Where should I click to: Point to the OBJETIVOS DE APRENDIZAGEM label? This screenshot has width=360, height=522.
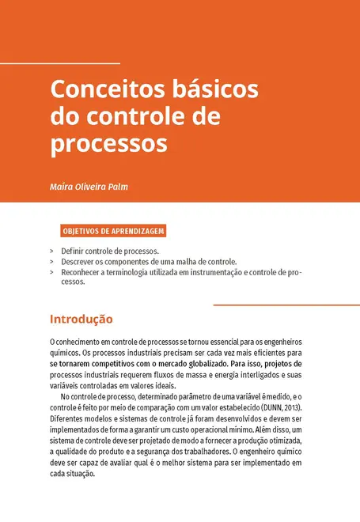pos(112,232)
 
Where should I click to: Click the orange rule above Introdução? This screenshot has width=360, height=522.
pos(286,304)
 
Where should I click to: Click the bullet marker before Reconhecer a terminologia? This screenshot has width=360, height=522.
pos(51,271)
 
